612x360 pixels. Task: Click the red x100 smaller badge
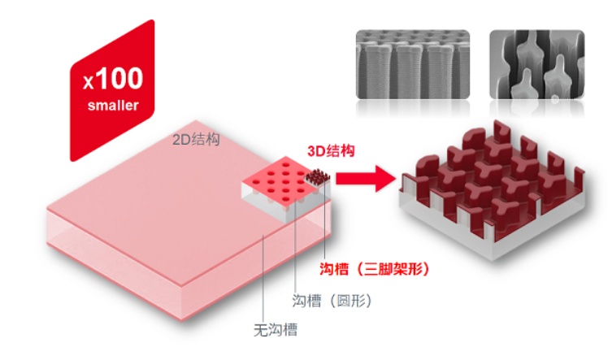[x=111, y=89]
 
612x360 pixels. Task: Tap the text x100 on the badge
[x=113, y=79]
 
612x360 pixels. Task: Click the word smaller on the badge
[x=113, y=106]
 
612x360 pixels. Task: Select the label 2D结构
[x=196, y=139]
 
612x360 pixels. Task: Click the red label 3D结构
[x=330, y=151]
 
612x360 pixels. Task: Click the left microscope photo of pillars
[x=413, y=66]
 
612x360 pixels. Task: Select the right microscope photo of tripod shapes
[x=536, y=66]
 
